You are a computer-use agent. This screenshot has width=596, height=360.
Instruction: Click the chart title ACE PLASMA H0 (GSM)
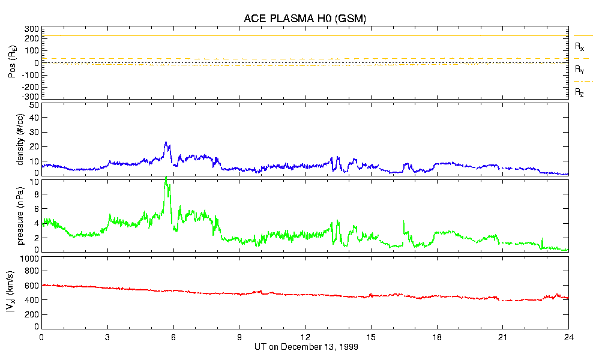coord(305,19)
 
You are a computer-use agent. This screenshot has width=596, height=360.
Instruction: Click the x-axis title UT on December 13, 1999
coord(305,347)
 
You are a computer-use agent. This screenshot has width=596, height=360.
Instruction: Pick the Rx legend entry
coord(580,46)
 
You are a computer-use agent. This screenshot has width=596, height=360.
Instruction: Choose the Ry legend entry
coord(580,69)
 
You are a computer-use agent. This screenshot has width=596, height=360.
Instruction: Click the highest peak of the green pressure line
coord(166,178)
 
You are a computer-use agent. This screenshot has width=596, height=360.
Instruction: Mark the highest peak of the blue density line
coord(165,143)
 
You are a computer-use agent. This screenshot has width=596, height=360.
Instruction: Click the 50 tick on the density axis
coord(34,105)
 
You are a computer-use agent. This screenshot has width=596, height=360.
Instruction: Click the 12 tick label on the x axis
coord(305,337)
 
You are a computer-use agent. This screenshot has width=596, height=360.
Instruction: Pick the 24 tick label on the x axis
coord(568,337)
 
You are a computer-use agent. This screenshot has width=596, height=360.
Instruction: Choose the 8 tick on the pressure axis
coord(35,194)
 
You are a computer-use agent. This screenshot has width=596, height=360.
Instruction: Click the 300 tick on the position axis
coord(31,29)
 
